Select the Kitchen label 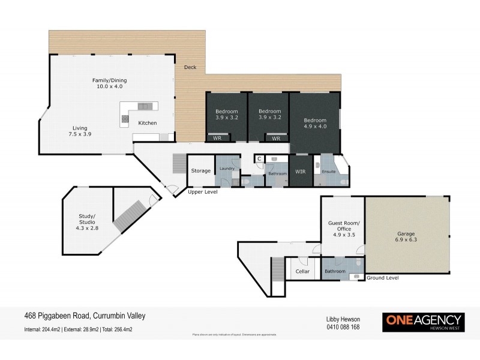(148, 123)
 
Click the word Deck (191, 67)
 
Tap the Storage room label (200, 171)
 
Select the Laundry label (226, 169)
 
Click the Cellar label (303, 271)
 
